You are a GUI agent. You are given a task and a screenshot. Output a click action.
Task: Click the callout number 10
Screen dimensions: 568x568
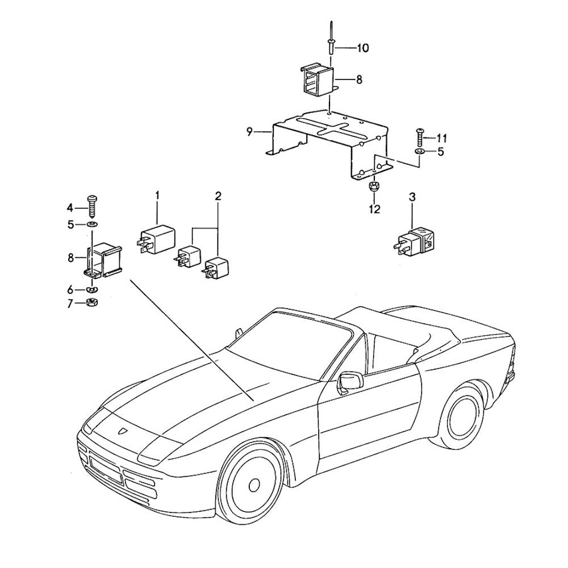(x=362, y=48)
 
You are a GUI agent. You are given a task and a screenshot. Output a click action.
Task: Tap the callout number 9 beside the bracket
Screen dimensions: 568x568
(x=249, y=132)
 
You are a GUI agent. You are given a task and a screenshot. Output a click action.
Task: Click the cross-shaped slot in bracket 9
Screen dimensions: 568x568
(x=330, y=128)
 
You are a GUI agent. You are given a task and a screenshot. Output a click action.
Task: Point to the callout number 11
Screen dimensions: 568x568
(x=441, y=138)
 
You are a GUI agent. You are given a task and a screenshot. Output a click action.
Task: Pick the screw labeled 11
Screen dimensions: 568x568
(x=420, y=137)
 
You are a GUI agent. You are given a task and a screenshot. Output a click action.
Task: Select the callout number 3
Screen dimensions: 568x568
(x=412, y=198)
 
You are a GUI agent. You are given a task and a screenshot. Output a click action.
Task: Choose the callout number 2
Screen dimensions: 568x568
(x=218, y=196)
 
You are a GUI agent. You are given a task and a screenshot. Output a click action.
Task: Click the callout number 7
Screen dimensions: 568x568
(x=70, y=303)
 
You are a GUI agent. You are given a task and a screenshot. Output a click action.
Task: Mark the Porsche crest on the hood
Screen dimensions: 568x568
(x=122, y=431)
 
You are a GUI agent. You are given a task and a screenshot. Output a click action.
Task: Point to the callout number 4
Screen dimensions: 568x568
(x=69, y=207)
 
